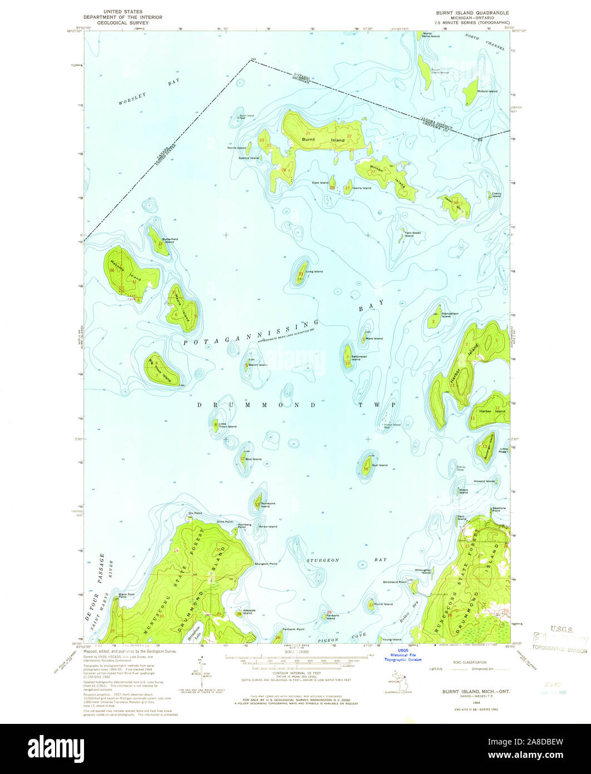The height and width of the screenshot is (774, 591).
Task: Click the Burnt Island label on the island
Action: [x=323, y=139]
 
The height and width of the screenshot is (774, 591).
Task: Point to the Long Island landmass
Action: [x=301, y=271]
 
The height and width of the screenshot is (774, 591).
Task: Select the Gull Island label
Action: [x=380, y=464]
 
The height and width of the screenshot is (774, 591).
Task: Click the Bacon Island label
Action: [x=258, y=365]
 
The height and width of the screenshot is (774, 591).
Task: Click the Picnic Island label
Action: [x=383, y=604]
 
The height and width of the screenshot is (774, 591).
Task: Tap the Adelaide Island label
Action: [x=248, y=611]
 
